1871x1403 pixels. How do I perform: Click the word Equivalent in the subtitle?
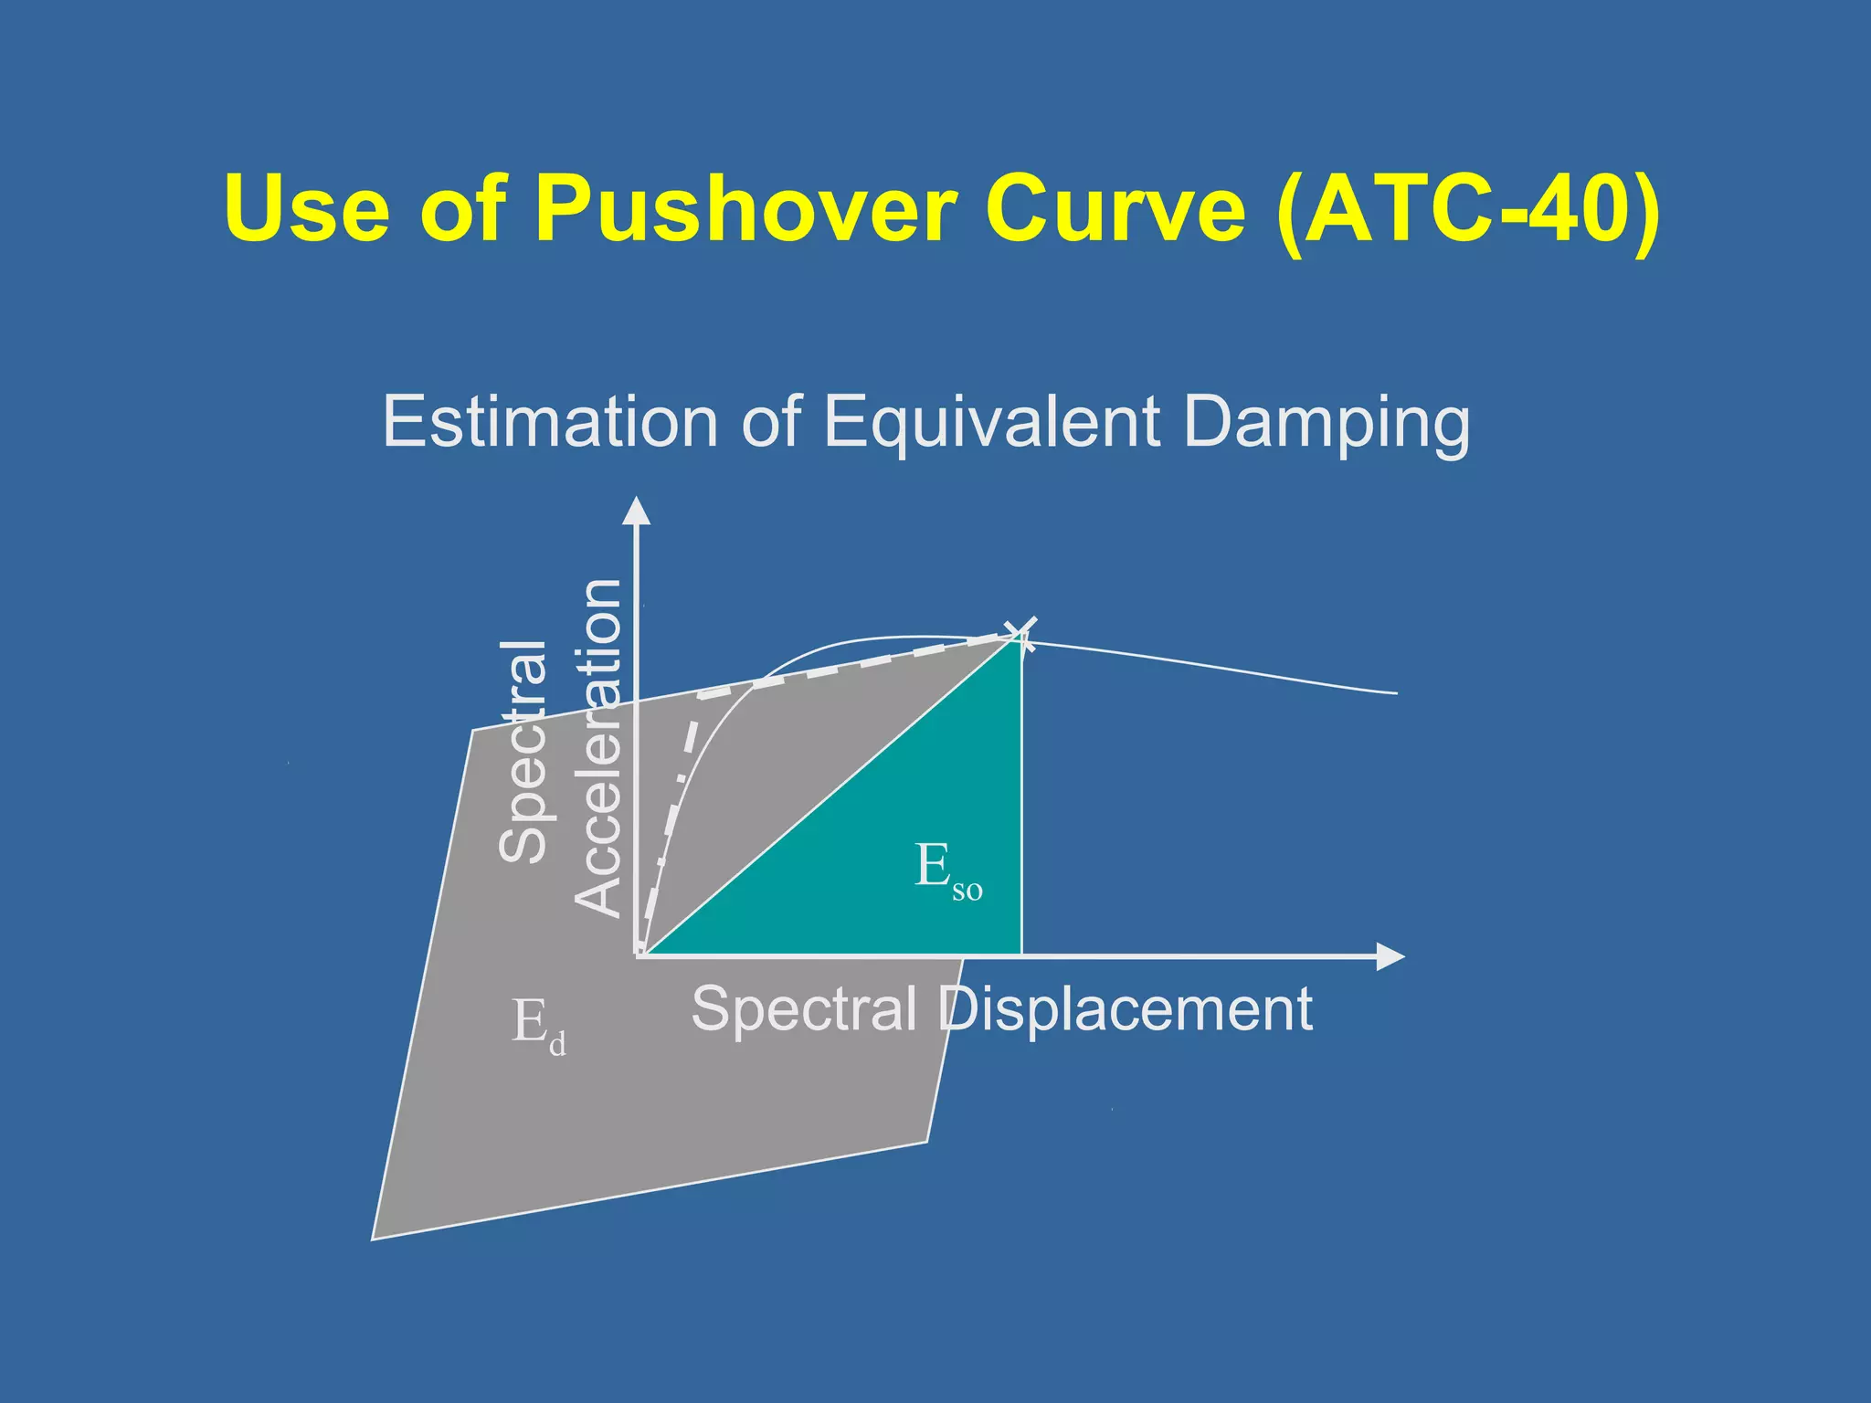click(991, 422)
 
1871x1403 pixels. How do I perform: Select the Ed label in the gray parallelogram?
click(538, 1025)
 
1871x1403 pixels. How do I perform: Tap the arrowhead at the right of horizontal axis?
click(1390, 956)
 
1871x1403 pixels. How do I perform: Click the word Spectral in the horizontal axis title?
click(803, 1009)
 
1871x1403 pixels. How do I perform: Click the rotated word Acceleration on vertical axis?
click(598, 746)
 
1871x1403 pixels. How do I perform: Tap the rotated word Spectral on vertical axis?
click(523, 751)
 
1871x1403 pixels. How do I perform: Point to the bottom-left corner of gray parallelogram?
click(374, 1238)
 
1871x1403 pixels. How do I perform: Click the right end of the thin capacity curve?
click(1396, 693)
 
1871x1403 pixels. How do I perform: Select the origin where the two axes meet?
click(639, 955)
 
